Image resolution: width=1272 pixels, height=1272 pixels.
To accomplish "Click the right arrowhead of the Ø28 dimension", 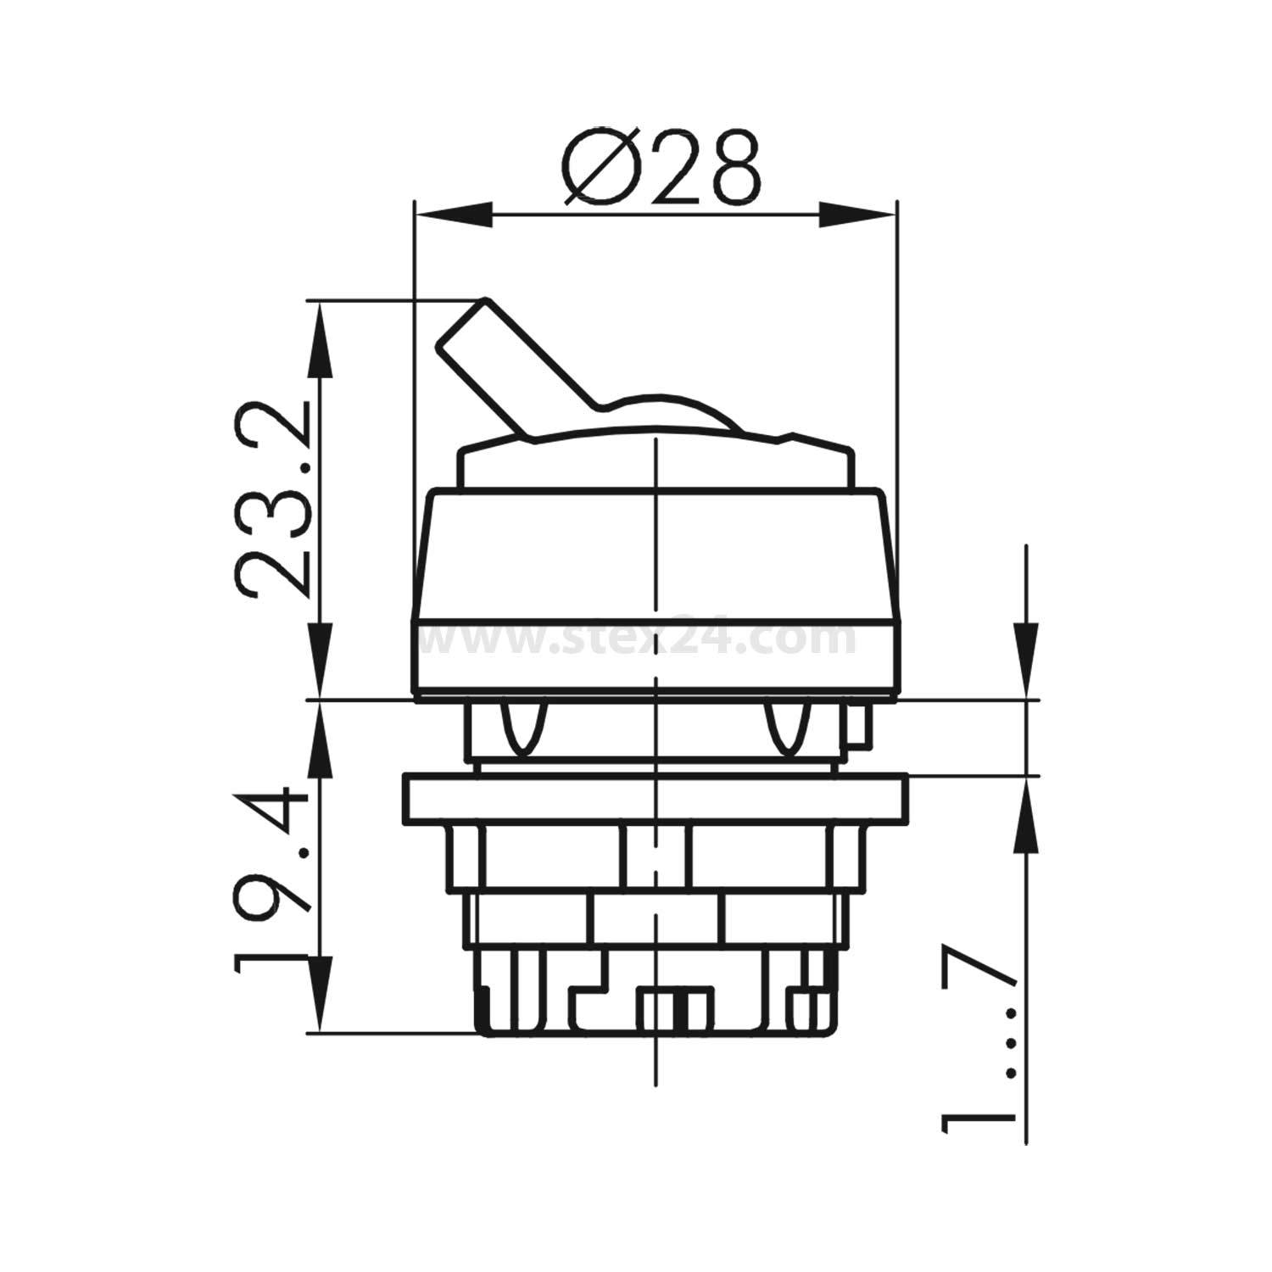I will [x=856, y=214].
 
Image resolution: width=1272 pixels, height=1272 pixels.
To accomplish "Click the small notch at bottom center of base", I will [x=674, y=1009].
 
